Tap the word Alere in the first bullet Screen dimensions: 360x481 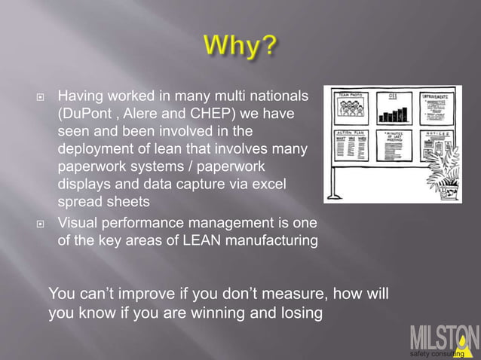tap(154, 113)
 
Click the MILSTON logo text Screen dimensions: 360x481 tap(443, 337)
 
